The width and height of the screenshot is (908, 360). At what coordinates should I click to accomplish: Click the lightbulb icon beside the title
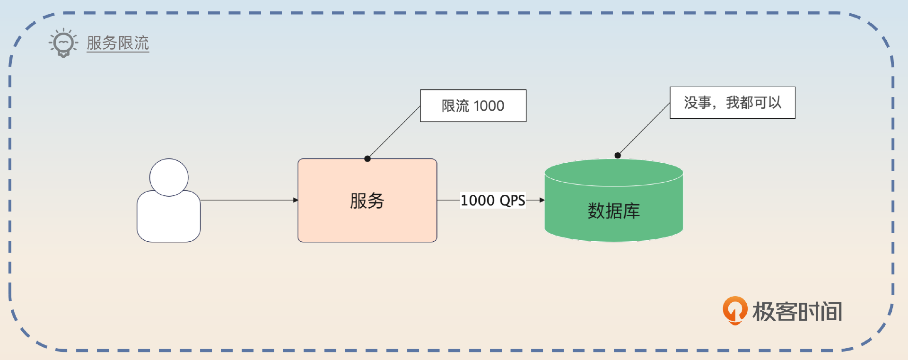[x=63, y=43]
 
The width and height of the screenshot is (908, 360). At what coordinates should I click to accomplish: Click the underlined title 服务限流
[x=118, y=43]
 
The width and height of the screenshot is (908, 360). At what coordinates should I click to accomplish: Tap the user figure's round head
[x=169, y=177]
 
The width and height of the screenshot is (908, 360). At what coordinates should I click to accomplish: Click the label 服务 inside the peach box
[x=367, y=201]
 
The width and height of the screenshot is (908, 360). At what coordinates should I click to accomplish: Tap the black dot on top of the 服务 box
[x=367, y=158]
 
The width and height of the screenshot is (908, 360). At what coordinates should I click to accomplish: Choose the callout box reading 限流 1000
[x=473, y=105]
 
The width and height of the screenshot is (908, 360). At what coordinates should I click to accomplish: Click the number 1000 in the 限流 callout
[x=489, y=106]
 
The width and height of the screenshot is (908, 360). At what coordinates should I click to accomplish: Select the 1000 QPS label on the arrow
[x=493, y=200]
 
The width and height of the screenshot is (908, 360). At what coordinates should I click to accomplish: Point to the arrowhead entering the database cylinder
[x=542, y=200]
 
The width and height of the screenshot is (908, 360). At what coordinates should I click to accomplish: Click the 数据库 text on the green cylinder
[x=613, y=211]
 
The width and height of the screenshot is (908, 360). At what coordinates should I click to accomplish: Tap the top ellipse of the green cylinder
[x=613, y=172]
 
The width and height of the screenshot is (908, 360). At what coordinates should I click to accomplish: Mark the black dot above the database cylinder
[x=618, y=155]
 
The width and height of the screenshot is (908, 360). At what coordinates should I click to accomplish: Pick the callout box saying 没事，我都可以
[x=732, y=103]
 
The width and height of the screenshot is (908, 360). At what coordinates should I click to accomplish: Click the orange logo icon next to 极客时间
[x=734, y=310]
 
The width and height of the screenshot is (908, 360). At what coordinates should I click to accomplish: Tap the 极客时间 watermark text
[x=797, y=312]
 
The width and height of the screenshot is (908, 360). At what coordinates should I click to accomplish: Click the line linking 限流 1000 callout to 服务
[x=394, y=132]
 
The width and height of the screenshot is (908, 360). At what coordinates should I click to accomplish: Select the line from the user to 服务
[x=248, y=200]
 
